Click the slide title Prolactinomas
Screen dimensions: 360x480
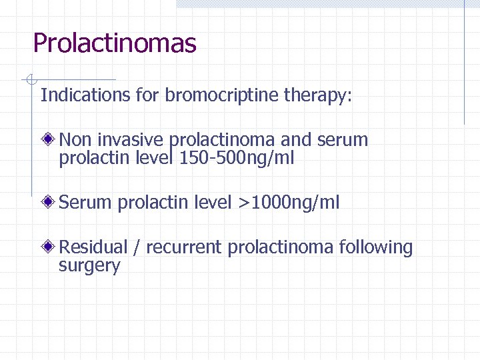[115, 44]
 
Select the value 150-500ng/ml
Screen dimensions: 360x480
[237, 159]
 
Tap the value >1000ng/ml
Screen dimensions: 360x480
[289, 203]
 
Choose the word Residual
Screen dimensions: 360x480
[93, 247]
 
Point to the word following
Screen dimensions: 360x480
[376, 248]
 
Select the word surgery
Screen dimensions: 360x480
[89, 267]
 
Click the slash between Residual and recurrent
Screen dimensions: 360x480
[136, 248]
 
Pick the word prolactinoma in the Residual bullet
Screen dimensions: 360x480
[280, 248]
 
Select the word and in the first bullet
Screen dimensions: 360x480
[295, 140]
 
